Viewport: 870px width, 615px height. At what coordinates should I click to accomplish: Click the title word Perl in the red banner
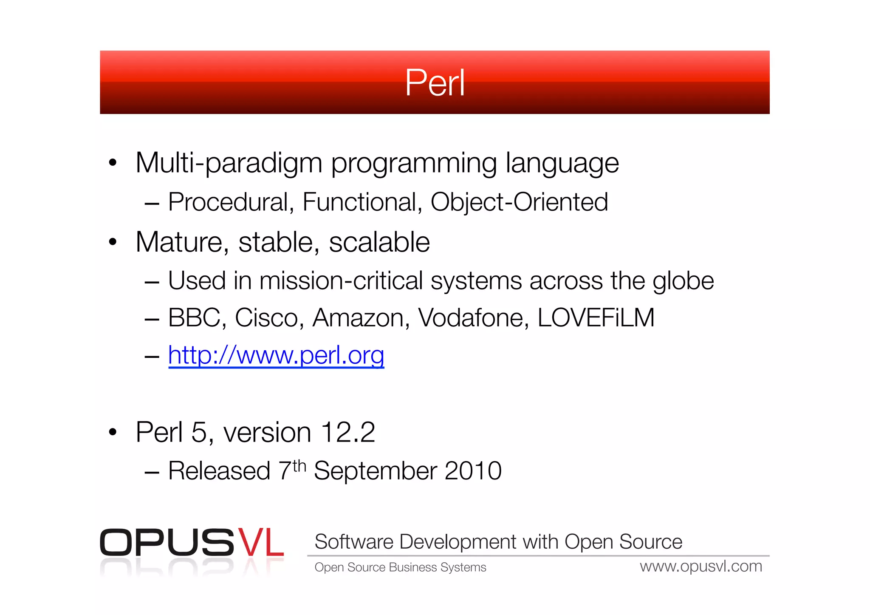(x=435, y=83)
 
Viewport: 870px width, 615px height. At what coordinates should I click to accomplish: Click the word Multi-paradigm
(x=229, y=163)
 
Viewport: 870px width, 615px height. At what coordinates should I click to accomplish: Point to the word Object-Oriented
(x=519, y=202)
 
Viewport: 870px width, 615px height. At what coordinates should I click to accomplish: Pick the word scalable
(x=379, y=242)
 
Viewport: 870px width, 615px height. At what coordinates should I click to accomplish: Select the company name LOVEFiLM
(x=596, y=318)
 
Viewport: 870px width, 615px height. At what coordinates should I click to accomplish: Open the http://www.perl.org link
(x=276, y=355)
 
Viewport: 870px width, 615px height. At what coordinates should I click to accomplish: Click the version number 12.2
(x=347, y=433)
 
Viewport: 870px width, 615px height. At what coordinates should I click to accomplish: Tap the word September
(x=375, y=471)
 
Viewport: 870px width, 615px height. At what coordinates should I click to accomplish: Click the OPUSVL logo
(x=192, y=543)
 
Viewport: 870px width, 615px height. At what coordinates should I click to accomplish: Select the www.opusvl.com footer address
(x=701, y=567)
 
